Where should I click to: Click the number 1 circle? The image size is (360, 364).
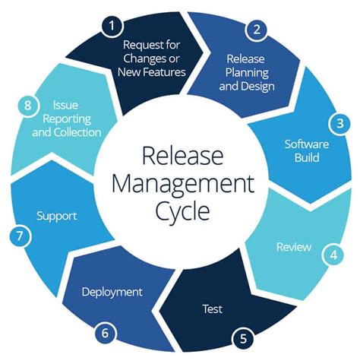coord(112,26)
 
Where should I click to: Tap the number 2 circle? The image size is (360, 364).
coord(257,30)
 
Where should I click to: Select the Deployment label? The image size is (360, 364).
coord(112,291)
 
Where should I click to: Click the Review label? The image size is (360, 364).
coord(292,247)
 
